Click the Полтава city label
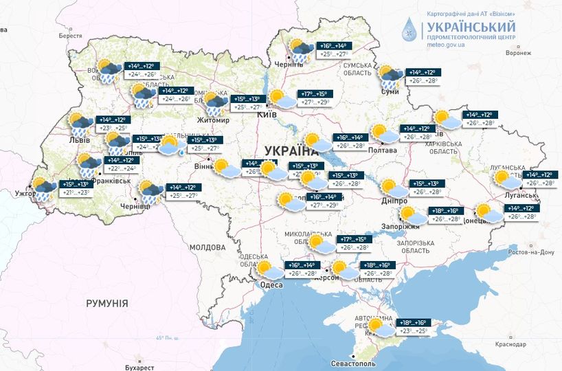[x=383, y=150]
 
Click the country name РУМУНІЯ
[x=106, y=303]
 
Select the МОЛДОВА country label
[x=207, y=247]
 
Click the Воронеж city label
[x=518, y=53]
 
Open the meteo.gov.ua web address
[x=446, y=44]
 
